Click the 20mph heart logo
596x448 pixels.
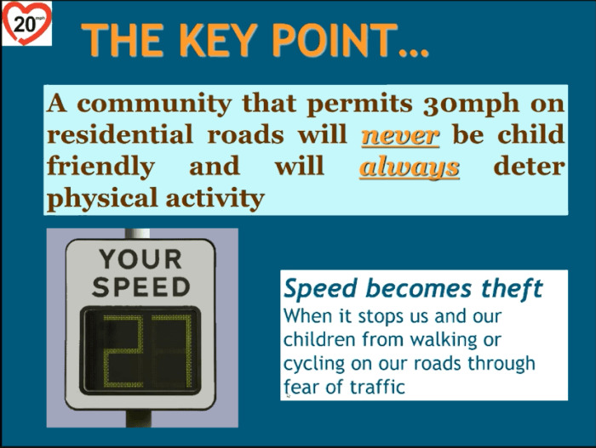(26, 24)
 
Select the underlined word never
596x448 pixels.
(400, 135)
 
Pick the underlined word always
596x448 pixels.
(410, 167)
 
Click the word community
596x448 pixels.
(154, 104)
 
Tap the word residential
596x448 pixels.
(120, 134)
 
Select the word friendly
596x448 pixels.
(100, 167)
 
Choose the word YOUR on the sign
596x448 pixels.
(140, 259)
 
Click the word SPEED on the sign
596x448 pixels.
(141, 286)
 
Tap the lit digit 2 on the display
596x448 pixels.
(123, 351)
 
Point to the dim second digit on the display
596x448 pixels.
(171, 351)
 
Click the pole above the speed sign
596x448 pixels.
(137, 234)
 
